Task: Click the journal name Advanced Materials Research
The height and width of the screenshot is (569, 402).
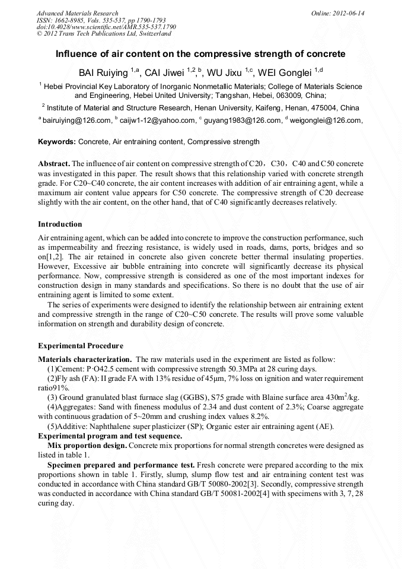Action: [x=77, y=13]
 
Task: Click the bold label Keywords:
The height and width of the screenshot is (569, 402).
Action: [x=57, y=142]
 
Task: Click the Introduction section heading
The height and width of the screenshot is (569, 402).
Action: [x=60, y=224]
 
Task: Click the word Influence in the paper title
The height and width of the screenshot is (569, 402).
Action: [x=76, y=54]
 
